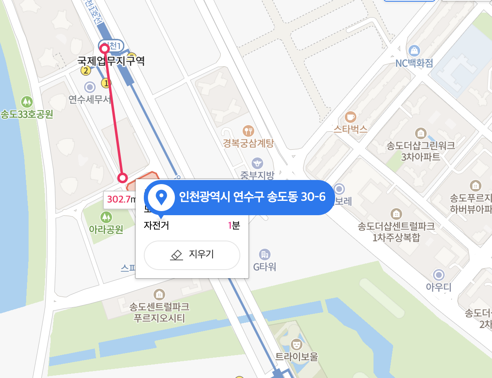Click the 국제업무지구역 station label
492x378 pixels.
click(111, 61)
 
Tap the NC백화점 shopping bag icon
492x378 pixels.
click(414, 51)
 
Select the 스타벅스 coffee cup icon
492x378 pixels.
click(351, 117)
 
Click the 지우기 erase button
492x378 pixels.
click(192, 255)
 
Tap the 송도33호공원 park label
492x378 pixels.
click(27, 114)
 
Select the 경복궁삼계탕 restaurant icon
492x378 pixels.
click(248, 131)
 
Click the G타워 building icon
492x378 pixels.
click(265, 254)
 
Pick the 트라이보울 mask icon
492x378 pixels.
click(296, 344)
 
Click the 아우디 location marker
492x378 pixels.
click(439, 274)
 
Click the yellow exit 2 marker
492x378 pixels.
click(85, 71)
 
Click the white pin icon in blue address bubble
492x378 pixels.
click(161, 198)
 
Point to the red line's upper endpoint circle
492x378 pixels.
click(105, 49)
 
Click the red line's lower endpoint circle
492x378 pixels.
click(122, 178)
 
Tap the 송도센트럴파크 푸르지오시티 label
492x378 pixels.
click(159, 313)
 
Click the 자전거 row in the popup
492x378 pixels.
click(192, 225)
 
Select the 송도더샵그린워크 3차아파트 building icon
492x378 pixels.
click(420, 133)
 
